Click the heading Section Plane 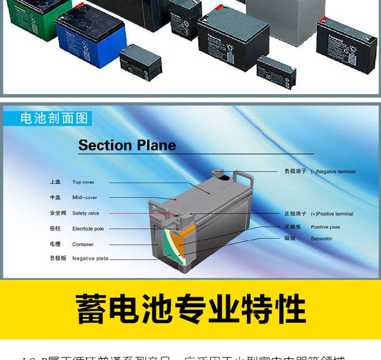(x=127, y=145)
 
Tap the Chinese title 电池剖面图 (x=54, y=118)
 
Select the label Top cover (x=83, y=182)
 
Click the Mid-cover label (x=85, y=198)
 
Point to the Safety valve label (x=86, y=213)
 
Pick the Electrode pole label (x=88, y=229)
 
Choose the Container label (x=83, y=245)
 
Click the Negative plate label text (x=90, y=259)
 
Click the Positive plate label (x=326, y=227)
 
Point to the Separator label (x=322, y=239)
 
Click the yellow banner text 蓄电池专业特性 (x=190, y=309)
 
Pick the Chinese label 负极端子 (x=295, y=171)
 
